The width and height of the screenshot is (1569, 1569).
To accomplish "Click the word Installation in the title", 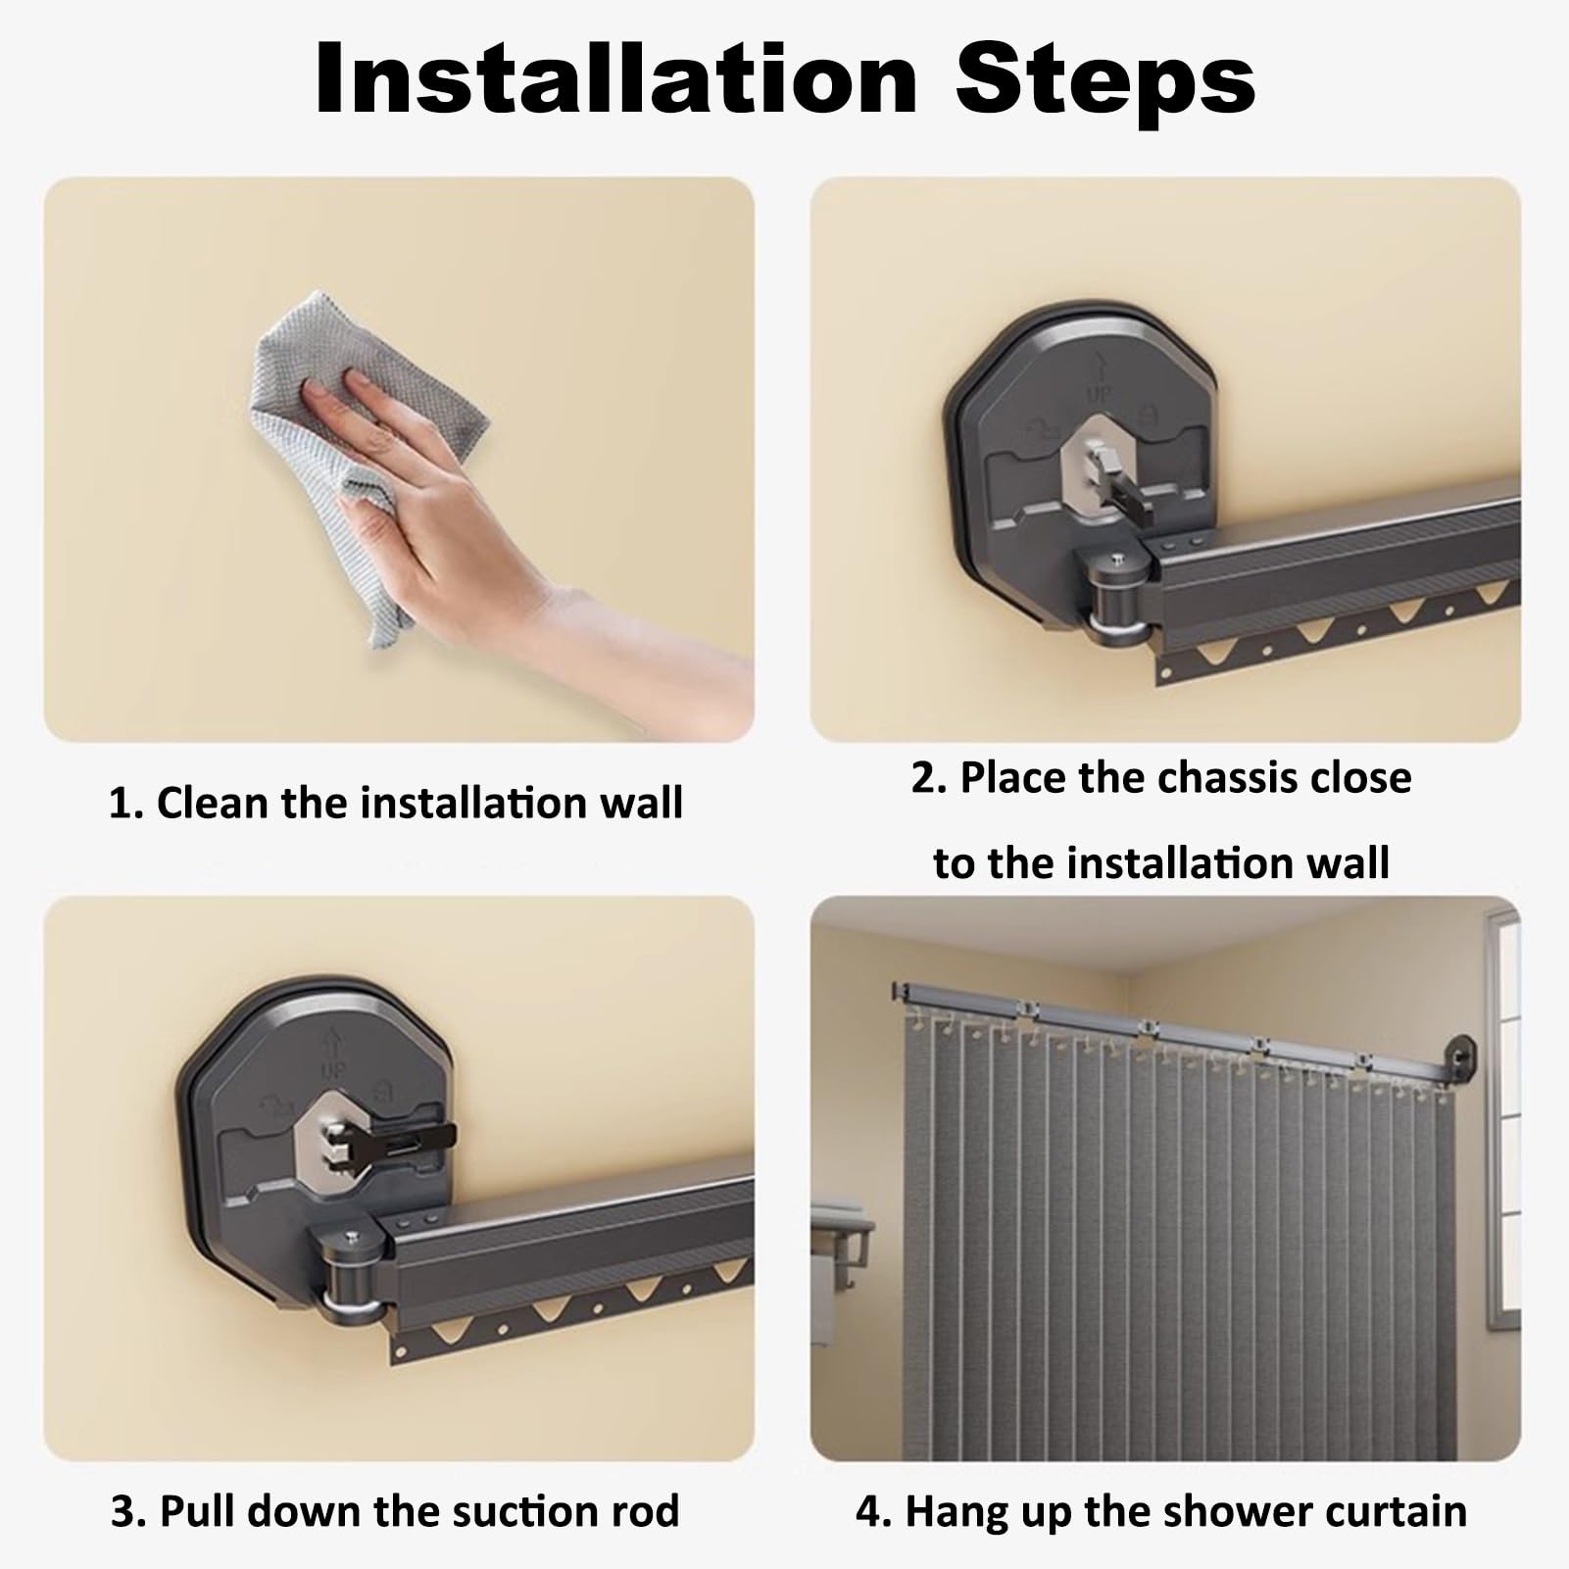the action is pos(615,80).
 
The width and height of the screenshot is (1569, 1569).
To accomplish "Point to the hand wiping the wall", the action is pos(490,510).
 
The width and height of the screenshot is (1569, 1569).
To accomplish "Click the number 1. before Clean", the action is pos(125,804).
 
